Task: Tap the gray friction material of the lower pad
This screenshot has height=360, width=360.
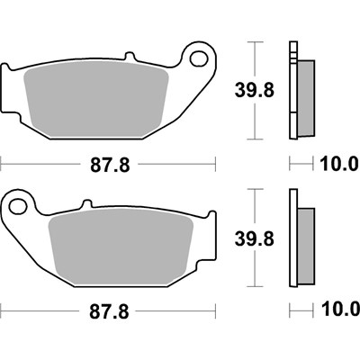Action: (121, 247)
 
